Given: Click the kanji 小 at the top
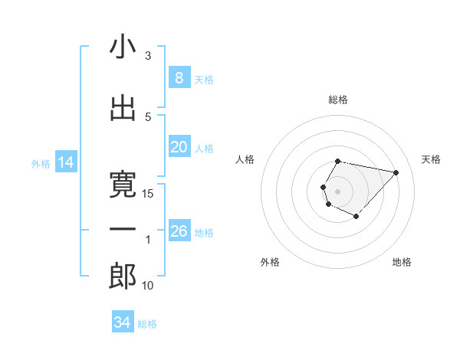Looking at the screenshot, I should pos(123,47).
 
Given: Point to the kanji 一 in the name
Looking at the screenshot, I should pos(123,230).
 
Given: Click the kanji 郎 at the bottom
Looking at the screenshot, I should pos(123,277).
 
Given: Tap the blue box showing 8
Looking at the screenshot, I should pos(179,78).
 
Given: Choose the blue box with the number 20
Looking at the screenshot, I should pos(179,147).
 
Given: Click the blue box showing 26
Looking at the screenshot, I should pos(179,231).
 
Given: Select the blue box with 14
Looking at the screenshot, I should pos(65,162).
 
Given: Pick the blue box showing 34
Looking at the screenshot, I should pos(122,322).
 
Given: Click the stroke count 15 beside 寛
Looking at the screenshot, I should pos(149,194).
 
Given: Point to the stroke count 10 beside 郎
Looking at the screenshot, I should pos(149,286).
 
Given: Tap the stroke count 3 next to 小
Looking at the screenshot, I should pos(148,56).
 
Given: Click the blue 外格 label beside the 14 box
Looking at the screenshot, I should pos(40,163).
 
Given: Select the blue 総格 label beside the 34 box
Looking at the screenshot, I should pos(147,324).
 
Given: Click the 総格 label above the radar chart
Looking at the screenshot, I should pos(338,100).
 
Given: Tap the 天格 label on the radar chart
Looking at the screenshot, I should pos(432,159).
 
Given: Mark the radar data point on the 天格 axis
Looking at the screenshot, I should pos(396,172).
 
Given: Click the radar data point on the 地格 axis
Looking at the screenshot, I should pos(356,217).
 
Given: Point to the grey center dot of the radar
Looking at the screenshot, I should pos(337,190).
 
